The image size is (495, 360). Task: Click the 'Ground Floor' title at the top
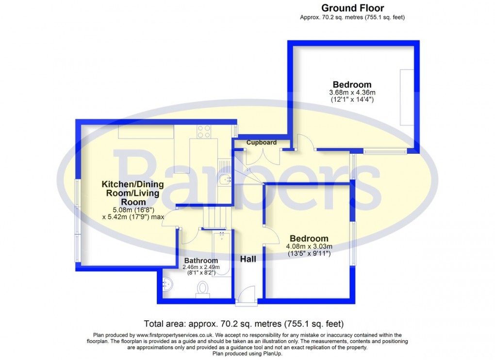point(352,8)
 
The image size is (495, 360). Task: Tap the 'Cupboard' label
point(262,143)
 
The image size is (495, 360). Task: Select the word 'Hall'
point(248,259)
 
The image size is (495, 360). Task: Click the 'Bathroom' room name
point(200,261)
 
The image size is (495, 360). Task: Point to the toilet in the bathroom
point(202,289)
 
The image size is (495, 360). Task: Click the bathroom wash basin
point(166,283)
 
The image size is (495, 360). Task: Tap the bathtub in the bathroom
point(222,253)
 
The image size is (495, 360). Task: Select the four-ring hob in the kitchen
point(204,131)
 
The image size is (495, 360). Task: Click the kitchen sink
point(225,180)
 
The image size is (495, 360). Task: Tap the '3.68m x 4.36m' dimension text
point(352,93)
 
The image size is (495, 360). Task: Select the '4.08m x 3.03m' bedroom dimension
point(309,246)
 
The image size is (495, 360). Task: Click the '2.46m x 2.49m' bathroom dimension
point(201,267)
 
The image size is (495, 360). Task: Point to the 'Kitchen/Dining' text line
point(132,184)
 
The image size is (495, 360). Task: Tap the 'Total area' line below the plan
point(244,324)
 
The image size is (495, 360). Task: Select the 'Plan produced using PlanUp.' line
point(247,354)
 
